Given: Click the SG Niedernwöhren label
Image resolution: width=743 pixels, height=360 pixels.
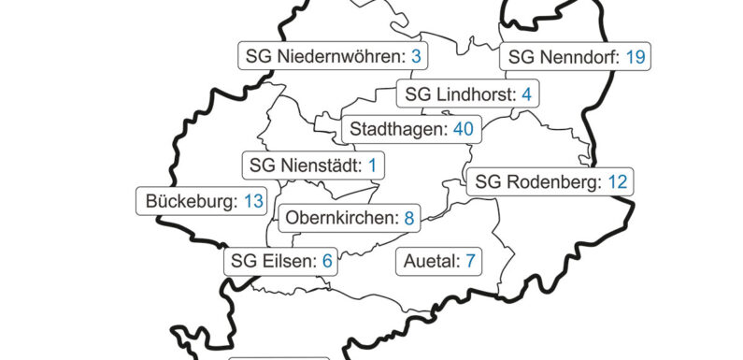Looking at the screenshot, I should [x=333, y=57].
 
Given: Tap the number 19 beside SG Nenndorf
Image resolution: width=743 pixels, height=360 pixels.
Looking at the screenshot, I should [x=636, y=57].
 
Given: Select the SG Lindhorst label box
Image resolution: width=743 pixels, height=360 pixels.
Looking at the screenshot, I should [x=468, y=94].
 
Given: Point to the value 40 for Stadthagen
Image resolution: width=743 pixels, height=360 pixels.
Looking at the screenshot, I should [x=463, y=129].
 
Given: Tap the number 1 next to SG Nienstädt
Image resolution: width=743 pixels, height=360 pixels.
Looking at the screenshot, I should [x=372, y=166].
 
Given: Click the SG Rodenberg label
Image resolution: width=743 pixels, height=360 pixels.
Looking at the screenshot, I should [x=550, y=182].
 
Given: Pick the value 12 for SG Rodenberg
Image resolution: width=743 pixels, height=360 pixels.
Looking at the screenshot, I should [x=617, y=182].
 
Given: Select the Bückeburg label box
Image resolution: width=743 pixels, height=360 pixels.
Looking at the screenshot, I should [x=200, y=201].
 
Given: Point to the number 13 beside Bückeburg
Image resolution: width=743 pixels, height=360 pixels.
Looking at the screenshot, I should [x=254, y=201].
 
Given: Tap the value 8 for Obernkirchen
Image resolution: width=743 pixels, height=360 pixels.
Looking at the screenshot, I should [x=408, y=220].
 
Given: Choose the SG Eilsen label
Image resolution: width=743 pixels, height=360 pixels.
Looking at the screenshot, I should [x=281, y=261].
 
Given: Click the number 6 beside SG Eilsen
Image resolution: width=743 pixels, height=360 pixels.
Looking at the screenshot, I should [x=327, y=261].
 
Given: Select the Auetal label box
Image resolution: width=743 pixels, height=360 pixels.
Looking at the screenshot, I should [x=439, y=260].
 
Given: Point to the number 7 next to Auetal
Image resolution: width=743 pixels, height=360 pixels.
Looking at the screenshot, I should [x=470, y=260].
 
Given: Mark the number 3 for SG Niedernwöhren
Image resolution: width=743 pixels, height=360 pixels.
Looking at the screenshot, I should [x=416, y=57].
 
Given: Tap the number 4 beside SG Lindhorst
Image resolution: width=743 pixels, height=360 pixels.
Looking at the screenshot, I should [x=526, y=94].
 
